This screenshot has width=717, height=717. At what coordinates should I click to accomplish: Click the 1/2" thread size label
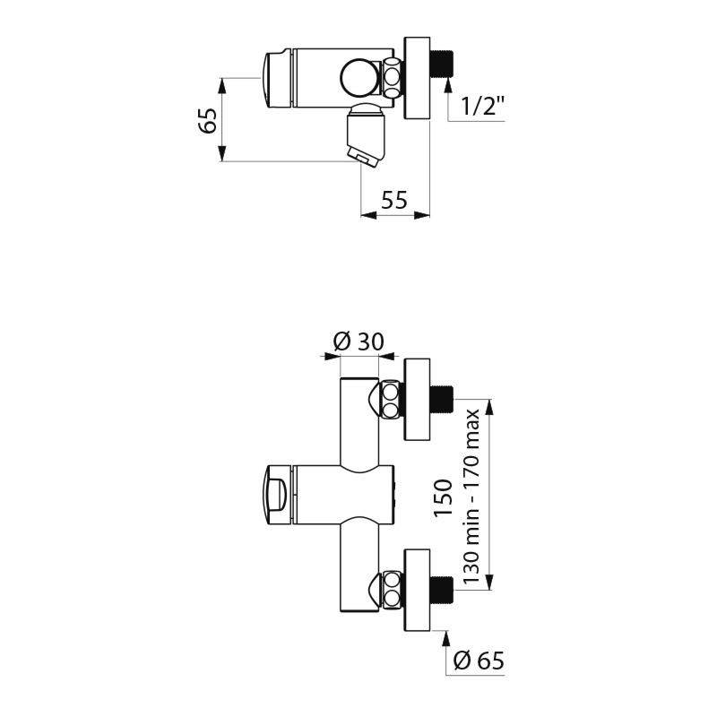tap(482, 107)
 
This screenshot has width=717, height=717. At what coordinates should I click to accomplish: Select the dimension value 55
tap(394, 200)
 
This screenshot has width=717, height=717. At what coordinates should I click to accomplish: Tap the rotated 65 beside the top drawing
tap(208, 120)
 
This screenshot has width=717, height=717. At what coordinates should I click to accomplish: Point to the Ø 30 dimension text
tap(358, 341)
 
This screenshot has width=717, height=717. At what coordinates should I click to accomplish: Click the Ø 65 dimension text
tap(479, 661)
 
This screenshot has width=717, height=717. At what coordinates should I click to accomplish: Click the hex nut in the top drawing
tap(393, 77)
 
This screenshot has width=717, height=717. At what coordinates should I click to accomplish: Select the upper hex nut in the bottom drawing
tap(391, 401)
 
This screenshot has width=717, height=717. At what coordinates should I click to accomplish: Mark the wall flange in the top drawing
tap(418, 78)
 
